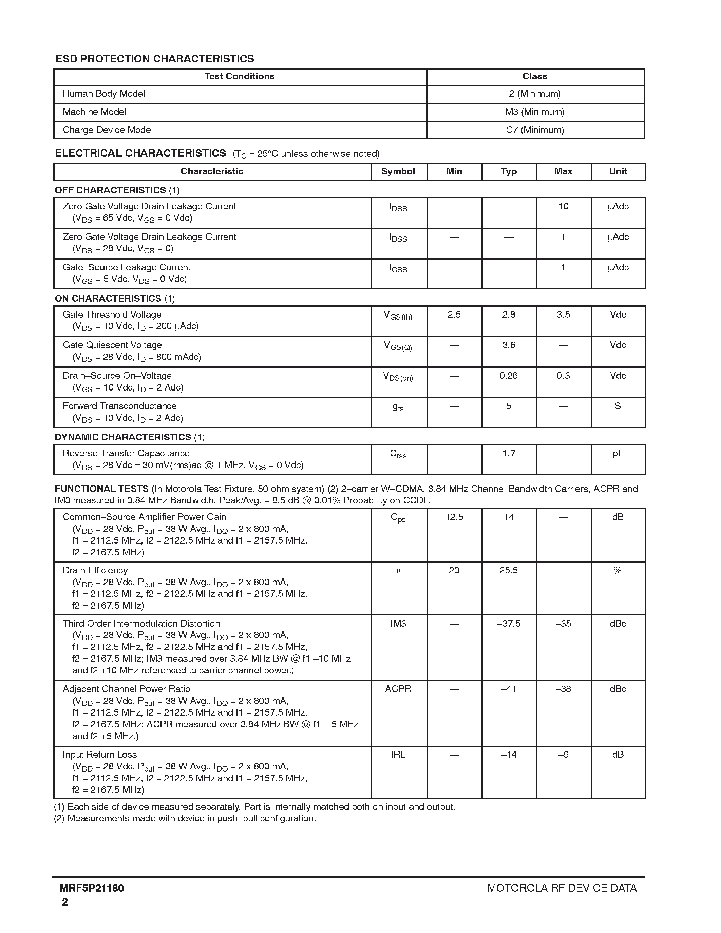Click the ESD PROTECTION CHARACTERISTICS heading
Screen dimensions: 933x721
[155, 59]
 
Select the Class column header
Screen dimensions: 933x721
[534, 76]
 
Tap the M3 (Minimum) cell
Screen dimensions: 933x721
[534, 112]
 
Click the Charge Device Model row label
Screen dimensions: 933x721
[108, 130]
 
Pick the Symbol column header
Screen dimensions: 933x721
[398, 171]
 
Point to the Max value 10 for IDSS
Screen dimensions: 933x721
[563, 206]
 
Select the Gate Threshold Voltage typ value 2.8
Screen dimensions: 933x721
[508, 315]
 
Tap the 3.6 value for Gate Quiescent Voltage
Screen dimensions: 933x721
[508, 345]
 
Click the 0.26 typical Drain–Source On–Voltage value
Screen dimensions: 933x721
[508, 376]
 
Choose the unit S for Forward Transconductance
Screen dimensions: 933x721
[617, 406]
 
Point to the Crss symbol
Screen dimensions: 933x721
[398, 454]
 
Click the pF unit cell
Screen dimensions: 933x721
[618, 454]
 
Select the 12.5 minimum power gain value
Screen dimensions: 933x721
[454, 517]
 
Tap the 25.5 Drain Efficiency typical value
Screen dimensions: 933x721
[508, 571]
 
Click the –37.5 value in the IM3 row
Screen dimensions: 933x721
[508, 624]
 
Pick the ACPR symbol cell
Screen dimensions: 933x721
[398, 689]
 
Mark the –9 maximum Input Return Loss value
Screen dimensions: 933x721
[563, 755]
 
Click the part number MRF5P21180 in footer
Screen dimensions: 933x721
[92, 888]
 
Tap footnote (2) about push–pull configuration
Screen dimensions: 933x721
[185, 818]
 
